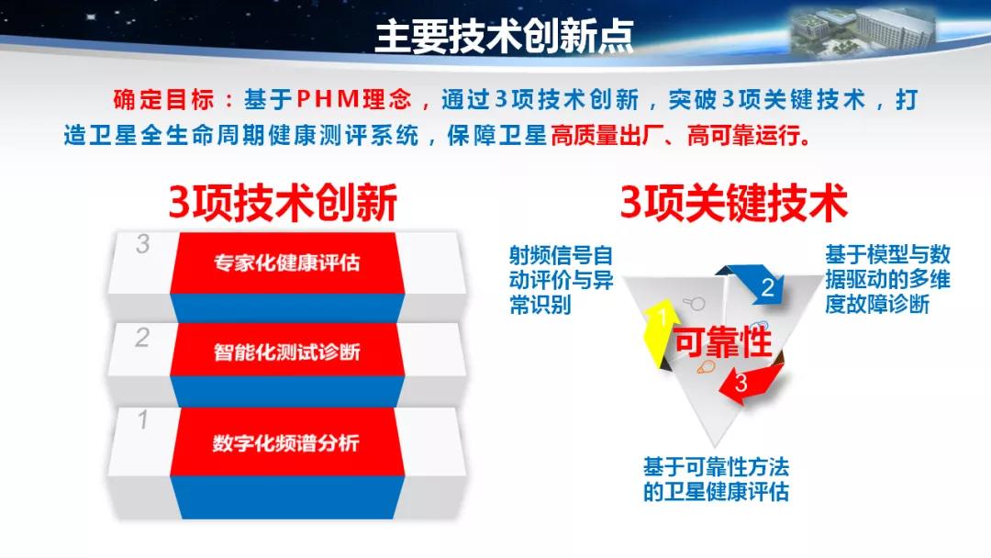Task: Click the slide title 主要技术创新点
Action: tap(504, 36)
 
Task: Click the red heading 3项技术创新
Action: tap(283, 203)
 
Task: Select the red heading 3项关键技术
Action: tap(733, 203)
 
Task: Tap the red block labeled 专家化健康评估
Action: tap(287, 262)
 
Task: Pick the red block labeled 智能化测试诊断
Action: tap(287, 350)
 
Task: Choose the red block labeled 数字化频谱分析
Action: tap(287, 441)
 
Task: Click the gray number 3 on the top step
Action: tap(143, 244)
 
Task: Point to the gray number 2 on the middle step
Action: tap(142, 338)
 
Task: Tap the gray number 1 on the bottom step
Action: tap(143, 419)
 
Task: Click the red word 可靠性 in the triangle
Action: tap(722, 342)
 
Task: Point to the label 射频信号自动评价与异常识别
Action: tap(562, 280)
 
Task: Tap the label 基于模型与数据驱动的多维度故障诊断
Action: tap(887, 279)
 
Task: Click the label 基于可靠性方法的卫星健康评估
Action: tap(716, 479)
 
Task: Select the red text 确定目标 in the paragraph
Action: tap(163, 100)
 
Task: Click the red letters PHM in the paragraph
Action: tap(328, 99)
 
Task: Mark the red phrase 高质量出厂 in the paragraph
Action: tap(603, 135)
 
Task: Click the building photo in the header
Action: tap(862, 31)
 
